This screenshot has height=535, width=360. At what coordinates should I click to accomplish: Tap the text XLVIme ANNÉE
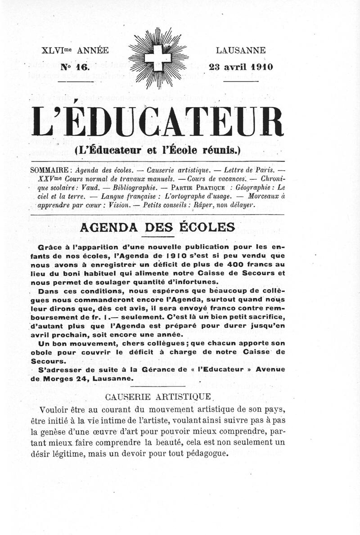click(75, 50)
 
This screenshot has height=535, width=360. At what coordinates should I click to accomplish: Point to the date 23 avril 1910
click(241, 67)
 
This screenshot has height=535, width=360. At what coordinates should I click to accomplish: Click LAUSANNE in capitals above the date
click(241, 50)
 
